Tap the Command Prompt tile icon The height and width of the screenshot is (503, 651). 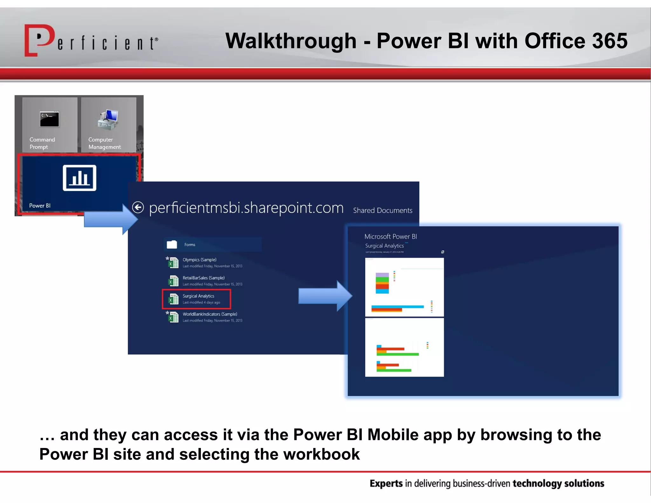tap(50, 119)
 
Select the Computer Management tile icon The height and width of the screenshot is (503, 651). tap(108, 120)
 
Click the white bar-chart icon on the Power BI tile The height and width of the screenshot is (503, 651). tap(79, 178)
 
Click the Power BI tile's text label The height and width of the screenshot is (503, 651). tap(40, 206)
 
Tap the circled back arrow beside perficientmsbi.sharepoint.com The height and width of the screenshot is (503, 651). tap(138, 207)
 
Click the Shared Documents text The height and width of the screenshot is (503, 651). tap(382, 210)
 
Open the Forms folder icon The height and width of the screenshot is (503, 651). tap(172, 245)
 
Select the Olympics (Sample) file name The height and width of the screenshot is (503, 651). tap(199, 260)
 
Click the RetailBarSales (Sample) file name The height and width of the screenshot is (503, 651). tap(203, 278)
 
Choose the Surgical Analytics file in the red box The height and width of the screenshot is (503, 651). tap(198, 296)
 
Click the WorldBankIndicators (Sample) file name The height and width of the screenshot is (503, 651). tap(210, 314)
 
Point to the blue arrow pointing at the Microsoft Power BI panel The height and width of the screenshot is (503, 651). tap(325, 296)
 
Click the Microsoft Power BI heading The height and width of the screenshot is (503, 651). tap(390, 237)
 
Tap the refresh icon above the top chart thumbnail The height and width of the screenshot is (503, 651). tap(442, 252)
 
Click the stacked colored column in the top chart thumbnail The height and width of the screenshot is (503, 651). tap(382, 283)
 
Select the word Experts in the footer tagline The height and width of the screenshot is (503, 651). tap(386, 484)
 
